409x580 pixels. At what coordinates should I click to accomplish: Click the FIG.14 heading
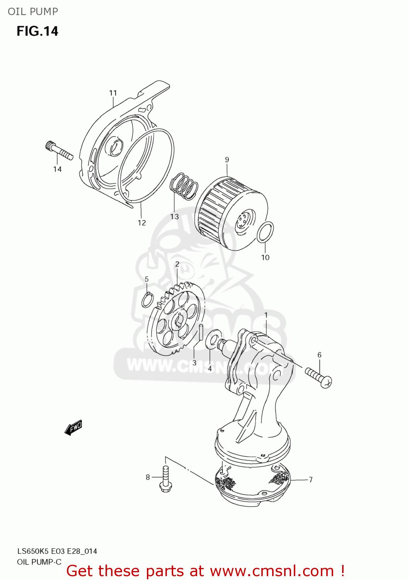[x=37, y=31]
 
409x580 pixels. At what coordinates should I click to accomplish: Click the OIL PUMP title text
[x=33, y=12]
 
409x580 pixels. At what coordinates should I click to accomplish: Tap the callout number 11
[x=113, y=93]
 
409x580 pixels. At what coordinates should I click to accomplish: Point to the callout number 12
[x=142, y=223]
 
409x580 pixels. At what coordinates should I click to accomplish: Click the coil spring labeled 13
[x=184, y=186]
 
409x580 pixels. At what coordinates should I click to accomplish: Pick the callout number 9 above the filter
[x=227, y=160]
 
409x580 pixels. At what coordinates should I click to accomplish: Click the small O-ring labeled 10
[x=266, y=232]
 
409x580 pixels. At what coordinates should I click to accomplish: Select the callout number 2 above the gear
[x=177, y=264]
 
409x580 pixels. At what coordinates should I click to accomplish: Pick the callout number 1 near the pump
[x=266, y=315]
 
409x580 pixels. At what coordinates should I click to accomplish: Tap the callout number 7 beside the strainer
[x=310, y=479]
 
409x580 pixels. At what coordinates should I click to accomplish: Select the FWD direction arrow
[x=73, y=428]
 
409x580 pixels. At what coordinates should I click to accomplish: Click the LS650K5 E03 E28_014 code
[x=57, y=551]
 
